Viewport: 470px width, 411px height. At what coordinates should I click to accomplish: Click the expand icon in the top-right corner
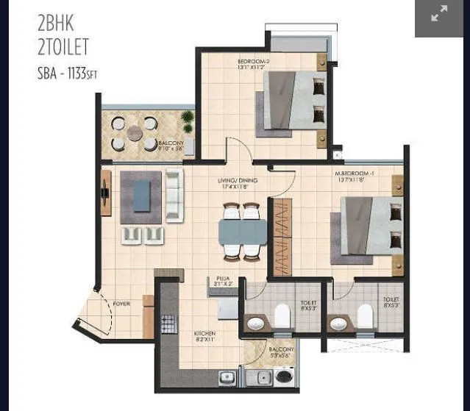pos(439,14)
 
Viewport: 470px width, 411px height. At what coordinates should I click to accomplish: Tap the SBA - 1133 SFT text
pos(67,74)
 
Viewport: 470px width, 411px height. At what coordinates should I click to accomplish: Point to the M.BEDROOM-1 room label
pos(356,174)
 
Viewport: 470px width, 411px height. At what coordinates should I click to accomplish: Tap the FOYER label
pos(121,303)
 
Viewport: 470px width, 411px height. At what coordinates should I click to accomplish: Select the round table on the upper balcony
pos(134,133)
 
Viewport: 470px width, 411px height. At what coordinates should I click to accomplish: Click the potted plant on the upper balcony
pos(188,121)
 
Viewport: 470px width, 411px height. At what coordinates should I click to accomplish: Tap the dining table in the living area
pos(242,232)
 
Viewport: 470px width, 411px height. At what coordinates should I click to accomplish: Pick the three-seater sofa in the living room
pos(174,194)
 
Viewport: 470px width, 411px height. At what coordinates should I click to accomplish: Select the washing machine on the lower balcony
pos(282,376)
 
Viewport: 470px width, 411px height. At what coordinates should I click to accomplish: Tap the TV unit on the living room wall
pos(106,193)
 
